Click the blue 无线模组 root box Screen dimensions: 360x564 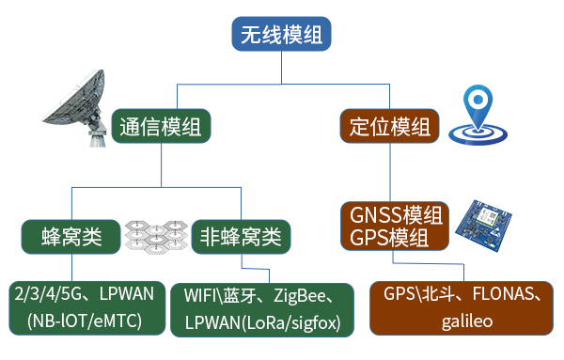(281, 36)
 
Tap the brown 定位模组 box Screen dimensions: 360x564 (389, 125)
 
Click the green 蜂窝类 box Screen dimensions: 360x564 (71, 235)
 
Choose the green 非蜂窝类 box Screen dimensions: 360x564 (240, 235)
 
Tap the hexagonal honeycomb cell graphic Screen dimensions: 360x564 (156, 235)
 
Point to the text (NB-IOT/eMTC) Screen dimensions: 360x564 (84, 321)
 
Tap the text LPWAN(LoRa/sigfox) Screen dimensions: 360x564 (263, 322)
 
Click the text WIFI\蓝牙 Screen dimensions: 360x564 (218, 299)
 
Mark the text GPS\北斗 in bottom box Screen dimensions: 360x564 (418, 294)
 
